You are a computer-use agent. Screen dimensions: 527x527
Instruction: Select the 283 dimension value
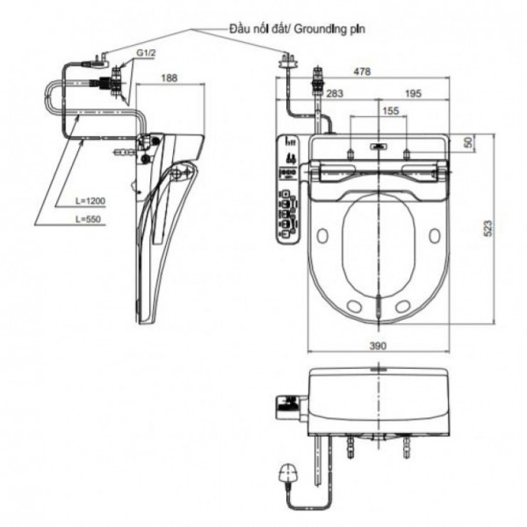point(335,92)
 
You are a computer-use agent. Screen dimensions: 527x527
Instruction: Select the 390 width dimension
point(378,346)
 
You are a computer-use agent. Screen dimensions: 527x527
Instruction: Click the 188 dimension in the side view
point(170,78)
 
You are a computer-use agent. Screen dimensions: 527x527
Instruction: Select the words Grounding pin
point(329,28)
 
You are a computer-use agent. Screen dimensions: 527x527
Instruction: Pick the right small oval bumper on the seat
point(435,235)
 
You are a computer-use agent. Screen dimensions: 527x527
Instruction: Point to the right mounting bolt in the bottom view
point(405,451)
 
